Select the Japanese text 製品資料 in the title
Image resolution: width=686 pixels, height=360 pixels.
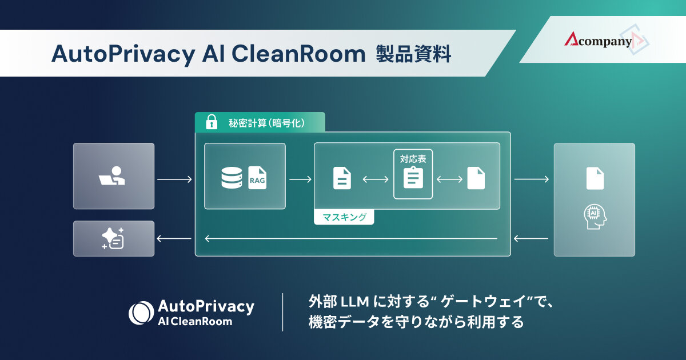coord(413,54)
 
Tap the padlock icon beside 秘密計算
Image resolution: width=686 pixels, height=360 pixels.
coord(212,122)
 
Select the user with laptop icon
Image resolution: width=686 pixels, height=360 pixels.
coord(113,176)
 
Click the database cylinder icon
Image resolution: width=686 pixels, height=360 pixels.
coord(231,178)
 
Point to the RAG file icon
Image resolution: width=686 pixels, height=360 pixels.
coord(257,178)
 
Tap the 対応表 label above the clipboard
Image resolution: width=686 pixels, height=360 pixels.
coord(413,159)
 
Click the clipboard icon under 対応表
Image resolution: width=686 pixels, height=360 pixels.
coord(413,179)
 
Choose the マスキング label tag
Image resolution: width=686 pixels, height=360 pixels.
coord(344,217)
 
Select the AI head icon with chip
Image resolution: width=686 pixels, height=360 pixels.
coord(595,217)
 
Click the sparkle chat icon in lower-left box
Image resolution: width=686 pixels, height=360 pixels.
coord(113,238)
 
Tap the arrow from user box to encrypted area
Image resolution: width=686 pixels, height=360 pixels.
coord(174,180)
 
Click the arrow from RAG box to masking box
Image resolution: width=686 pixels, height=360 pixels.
coord(300,180)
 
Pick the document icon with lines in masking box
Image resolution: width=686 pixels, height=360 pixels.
coord(342,178)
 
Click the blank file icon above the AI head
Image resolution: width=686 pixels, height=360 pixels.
coord(595,178)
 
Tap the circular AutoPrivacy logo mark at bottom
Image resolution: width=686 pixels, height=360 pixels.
coord(141,313)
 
